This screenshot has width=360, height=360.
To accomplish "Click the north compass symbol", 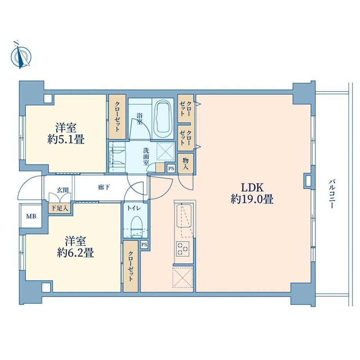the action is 21,55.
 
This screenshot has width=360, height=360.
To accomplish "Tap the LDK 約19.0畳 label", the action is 252,193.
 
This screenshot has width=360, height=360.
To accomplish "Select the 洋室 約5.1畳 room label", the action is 66,133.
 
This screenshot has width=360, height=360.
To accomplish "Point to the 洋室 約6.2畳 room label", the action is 75,247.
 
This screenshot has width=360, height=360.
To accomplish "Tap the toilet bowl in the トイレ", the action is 136,227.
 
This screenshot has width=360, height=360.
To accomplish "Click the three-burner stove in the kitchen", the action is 183,248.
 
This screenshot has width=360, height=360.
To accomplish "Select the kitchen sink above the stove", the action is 184,216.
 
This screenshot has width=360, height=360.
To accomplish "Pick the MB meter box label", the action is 31,216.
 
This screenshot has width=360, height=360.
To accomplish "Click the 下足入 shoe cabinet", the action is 59,208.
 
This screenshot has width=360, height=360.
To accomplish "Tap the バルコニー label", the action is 331,194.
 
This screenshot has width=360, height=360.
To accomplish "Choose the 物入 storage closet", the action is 185,164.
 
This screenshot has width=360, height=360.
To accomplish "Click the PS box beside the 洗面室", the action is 171,169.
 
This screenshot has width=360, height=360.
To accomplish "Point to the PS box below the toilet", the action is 144,245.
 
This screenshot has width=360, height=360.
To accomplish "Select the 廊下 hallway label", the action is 104,187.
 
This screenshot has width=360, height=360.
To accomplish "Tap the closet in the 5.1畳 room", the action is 117,117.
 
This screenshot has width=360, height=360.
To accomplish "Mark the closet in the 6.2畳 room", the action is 130,266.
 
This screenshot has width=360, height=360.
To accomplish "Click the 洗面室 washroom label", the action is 146,157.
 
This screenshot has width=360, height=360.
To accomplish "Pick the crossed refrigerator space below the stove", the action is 183,277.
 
